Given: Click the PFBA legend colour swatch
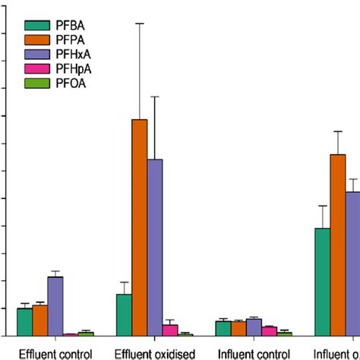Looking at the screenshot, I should (x=36, y=25).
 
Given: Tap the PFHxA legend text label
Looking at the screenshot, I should (x=74, y=54).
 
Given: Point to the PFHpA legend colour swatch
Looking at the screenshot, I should (x=36, y=68).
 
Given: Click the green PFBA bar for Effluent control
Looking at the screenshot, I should (x=24, y=321).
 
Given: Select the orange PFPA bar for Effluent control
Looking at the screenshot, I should (x=39, y=320).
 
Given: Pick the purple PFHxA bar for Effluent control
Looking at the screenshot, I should (x=55, y=306).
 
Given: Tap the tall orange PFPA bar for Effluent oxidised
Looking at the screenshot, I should (x=140, y=227).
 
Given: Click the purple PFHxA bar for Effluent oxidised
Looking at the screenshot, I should (x=155, y=247).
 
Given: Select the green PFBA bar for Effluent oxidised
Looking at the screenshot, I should (x=124, y=314).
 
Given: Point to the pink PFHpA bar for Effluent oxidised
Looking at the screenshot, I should (x=170, y=330).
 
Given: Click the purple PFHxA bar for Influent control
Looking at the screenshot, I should (x=254, y=327).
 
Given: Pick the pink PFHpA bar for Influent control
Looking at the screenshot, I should (x=269, y=331).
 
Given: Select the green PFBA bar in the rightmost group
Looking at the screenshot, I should (x=322, y=281).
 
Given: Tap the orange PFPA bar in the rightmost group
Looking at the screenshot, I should (x=337, y=245).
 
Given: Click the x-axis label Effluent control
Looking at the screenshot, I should (x=55, y=353).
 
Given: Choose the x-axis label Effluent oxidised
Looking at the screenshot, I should (x=155, y=353).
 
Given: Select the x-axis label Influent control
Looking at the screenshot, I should (x=254, y=353).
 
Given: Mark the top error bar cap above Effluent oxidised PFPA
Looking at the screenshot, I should (x=140, y=24).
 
